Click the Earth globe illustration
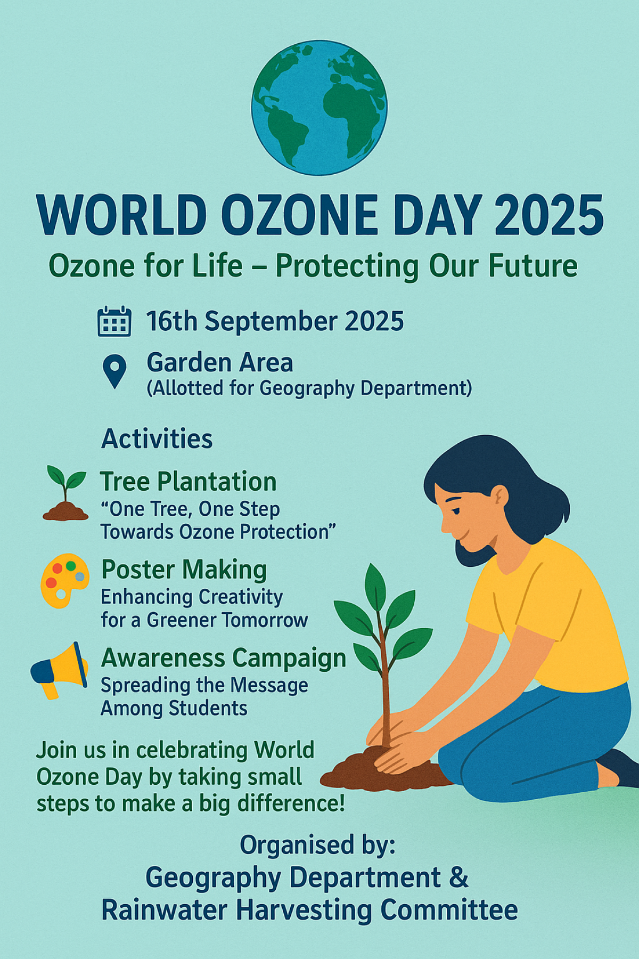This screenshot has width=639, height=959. (319, 108)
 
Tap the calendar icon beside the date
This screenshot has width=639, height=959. (114, 321)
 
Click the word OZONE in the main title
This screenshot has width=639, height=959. (298, 215)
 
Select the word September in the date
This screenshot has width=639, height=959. (271, 322)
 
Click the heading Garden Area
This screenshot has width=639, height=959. (220, 363)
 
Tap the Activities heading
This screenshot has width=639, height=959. (157, 439)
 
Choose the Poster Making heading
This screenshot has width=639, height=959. (184, 570)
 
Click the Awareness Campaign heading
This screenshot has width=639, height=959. (224, 659)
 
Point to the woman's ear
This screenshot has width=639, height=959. (499, 496)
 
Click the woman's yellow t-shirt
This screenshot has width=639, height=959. (548, 613)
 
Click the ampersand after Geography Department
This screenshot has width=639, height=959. (458, 877)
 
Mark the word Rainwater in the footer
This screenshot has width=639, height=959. (164, 909)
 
